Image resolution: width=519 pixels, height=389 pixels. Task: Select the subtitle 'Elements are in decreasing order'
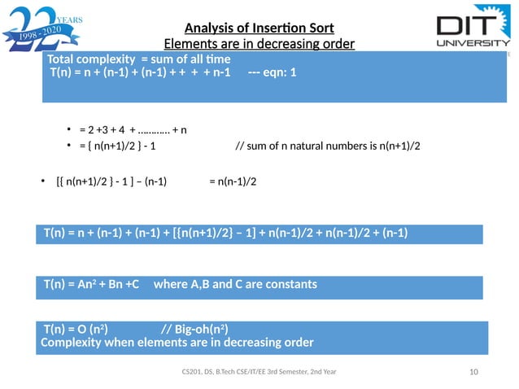pos(259,43)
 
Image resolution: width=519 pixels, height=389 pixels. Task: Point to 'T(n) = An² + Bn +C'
pos(91,285)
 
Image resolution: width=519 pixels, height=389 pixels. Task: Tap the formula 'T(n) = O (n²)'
pos(79,329)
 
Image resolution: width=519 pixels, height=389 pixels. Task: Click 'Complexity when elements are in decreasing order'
pos(177,342)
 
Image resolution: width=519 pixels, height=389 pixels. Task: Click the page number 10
pos(473,372)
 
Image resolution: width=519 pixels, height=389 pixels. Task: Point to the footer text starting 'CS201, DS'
pos(258,372)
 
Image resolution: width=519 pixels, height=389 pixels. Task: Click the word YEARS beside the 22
pos(71,15)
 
